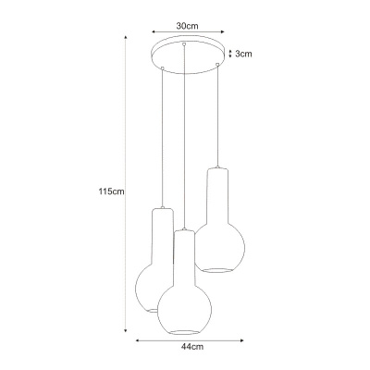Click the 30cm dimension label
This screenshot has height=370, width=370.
click(187, 26)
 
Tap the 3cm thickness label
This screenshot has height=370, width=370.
click(243, 54)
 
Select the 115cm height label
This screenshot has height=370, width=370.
click(111, 191)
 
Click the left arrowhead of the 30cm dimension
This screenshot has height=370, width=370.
click(153, 31)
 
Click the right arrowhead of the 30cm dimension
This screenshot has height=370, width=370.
click(223, 31)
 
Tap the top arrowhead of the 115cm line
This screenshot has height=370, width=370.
click(126, 38)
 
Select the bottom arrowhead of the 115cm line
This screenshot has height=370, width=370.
click(126, 330)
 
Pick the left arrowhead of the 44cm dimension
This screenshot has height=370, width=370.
click(138, 340)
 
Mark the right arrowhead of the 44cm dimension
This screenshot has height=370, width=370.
click(241, 340)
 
